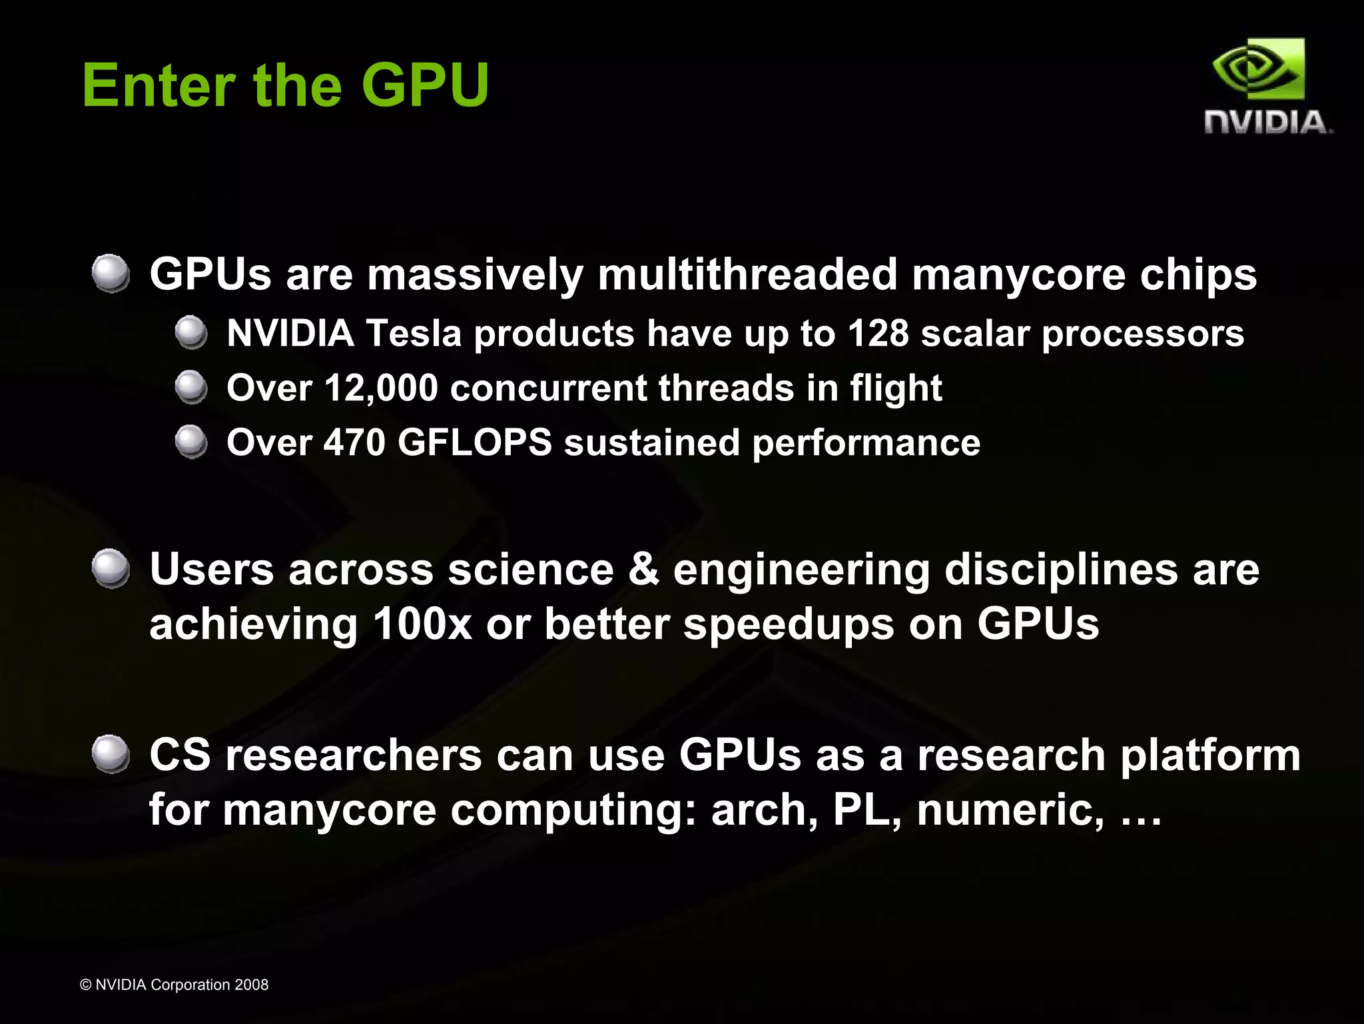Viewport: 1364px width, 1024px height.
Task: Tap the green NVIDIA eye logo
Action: (1258, 69)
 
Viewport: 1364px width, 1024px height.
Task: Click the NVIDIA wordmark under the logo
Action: (1267, 123)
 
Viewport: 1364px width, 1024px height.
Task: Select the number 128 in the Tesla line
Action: (877, 333)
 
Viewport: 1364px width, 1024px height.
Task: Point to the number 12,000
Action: (381, 388)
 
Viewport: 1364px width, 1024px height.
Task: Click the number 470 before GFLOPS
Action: (354, 442)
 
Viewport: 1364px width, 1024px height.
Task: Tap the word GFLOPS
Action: (474, 442)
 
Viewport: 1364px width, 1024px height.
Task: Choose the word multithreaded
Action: (747, 274)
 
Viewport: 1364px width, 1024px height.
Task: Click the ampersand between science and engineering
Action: (643, 570)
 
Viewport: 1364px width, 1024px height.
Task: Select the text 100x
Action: (422, 625)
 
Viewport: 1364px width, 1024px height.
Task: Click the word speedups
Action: (789, 625)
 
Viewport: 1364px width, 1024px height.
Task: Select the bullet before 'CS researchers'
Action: (111, 754)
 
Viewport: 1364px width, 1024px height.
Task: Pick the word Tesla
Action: (414, 333)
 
